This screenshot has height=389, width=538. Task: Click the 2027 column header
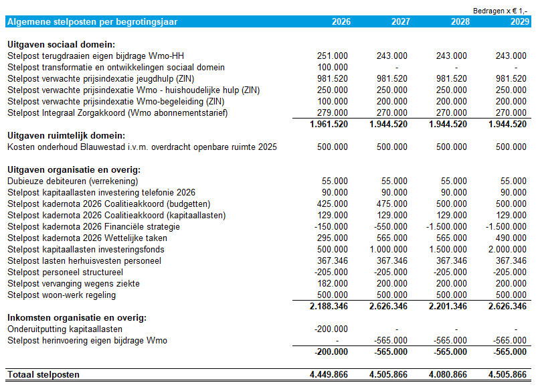coord(400,21)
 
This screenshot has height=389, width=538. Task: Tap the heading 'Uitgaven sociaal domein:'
coord(62,44)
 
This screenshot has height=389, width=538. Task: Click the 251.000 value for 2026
coord(332,56)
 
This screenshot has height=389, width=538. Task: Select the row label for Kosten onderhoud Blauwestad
coord(142,147)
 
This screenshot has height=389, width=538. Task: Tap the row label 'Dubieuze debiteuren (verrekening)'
coord(73,181)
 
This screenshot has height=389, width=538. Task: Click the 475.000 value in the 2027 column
coord(391,204)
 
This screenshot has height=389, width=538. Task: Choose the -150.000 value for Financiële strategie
coord(331,226)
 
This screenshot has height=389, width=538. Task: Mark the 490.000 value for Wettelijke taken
coord(511,238)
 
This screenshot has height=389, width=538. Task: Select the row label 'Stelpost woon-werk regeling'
coord(62,295)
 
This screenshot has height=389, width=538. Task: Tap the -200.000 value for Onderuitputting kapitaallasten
coord(331,329)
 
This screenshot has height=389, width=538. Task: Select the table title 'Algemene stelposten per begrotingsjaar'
coord(92,21)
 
